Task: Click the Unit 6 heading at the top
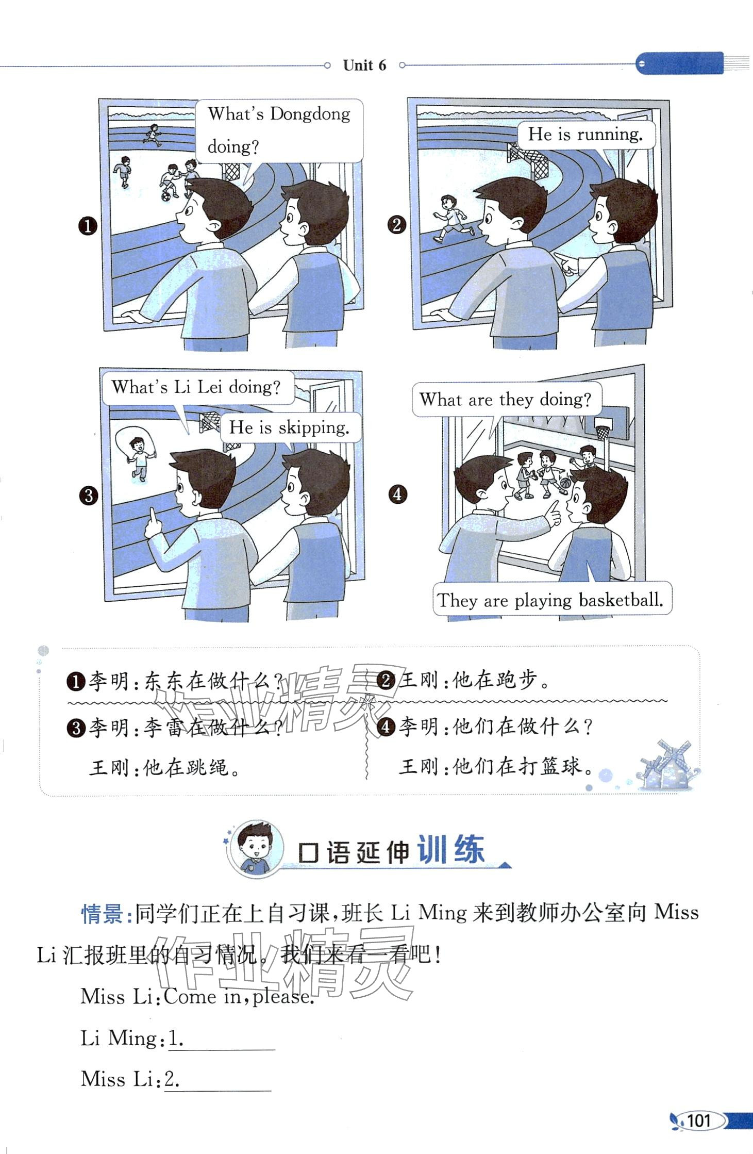click(364, 65)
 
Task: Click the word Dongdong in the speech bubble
click(310, 113)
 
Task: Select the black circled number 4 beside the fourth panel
click(397, 494)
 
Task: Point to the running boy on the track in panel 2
click(451, 218)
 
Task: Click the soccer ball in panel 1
click(166, 196)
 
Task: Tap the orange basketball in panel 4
click(565, 484)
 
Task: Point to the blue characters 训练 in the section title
click(450, 850)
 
